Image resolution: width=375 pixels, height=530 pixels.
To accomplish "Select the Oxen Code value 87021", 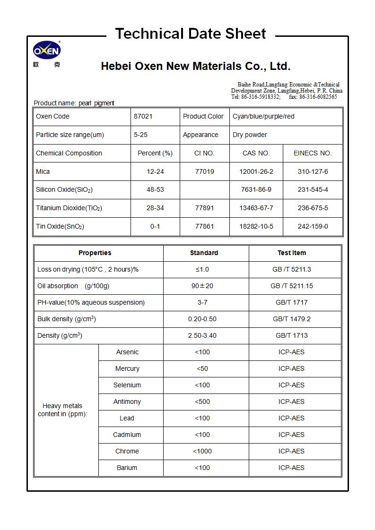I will (143, 116).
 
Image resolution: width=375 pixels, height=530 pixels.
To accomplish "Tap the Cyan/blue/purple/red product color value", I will (263, 116).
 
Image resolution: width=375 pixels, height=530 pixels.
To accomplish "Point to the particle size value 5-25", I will (140, 135).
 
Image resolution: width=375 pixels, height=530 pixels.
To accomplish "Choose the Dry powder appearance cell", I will (250, 135).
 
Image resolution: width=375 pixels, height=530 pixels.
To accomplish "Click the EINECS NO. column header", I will (313, 153).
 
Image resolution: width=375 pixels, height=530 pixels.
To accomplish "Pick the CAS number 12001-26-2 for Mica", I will (256, 171).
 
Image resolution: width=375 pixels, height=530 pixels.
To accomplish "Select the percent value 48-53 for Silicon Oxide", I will (155, 189).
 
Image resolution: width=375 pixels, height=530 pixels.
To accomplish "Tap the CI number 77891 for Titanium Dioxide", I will (204, 208).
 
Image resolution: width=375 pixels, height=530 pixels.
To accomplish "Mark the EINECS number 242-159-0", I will (313, 226).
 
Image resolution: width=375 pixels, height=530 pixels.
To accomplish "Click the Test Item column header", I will (291, 253).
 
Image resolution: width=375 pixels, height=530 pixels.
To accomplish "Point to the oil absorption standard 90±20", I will (202, 286).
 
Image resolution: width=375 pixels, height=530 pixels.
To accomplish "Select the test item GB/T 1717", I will (291, 302).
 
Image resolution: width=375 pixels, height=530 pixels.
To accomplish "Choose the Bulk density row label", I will (67, 319).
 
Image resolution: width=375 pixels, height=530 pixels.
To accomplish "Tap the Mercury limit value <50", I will (202, 368).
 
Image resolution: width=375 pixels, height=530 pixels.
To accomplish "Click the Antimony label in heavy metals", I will (127, 402).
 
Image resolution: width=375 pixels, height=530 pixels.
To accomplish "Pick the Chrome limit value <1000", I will (202, 451).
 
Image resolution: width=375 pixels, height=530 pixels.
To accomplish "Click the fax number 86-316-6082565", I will (318, 97).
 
